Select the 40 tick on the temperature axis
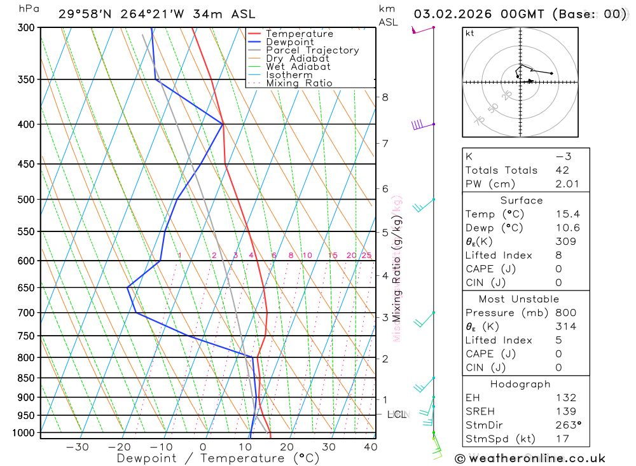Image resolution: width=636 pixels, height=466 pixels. pos(370,447)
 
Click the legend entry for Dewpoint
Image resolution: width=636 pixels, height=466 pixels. pos(289,42)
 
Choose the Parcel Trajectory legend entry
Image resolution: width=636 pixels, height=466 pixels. pos(312,50)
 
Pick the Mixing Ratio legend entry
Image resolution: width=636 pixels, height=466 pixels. pos(299,83)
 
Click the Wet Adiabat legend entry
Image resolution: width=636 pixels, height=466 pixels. pos(298,67)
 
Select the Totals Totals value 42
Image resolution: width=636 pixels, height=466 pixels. pos(562,170)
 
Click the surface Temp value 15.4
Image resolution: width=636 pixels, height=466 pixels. pos(567,214)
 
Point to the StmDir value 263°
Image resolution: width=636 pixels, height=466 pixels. pos(567,425)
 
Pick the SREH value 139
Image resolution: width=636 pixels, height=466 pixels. pos(565,411)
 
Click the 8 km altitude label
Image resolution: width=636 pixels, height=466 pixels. pos(385,97)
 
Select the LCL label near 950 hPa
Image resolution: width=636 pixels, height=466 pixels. pos(397,415)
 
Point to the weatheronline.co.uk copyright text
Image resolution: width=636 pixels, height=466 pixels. pos(530,458)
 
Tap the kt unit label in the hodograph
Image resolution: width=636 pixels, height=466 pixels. pos(469,33)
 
